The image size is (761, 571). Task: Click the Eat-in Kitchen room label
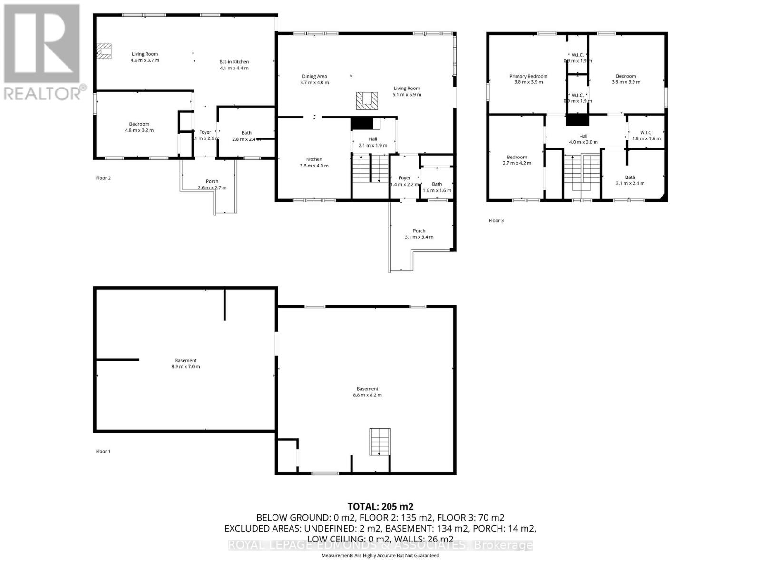tap(234, 62)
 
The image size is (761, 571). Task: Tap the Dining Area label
tap(314, 76)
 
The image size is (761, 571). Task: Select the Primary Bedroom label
tap(528, 76)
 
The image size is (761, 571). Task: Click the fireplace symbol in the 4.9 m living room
tap(105, 51)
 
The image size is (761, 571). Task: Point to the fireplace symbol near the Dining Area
tap(367, 101)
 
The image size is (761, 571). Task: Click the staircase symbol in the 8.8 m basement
tap(380, 442)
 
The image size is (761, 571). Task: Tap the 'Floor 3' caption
tap(496, 220)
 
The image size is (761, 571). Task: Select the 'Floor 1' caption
tap(103, 451)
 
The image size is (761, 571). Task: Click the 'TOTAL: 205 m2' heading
tap(380, 506)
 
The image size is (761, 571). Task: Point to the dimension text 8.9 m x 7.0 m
tap(185, 367)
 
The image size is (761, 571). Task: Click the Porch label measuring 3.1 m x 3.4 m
tap(419, 231)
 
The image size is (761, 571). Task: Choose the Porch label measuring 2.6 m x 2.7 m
tap(212, 181)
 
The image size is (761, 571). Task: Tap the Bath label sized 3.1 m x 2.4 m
tap(630, 177)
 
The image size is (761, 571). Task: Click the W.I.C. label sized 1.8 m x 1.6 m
tap(646, 132)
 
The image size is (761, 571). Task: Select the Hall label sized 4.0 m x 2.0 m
tap(583, 136)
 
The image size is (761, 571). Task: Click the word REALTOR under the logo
tap(43, 93)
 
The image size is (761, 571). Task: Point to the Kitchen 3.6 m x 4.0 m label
tap(314, 159)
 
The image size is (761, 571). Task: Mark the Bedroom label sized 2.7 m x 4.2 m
tap(517, 157)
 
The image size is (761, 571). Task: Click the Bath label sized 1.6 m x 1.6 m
tap(437, 184)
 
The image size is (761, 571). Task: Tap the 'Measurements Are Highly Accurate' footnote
tap(380, 555)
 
